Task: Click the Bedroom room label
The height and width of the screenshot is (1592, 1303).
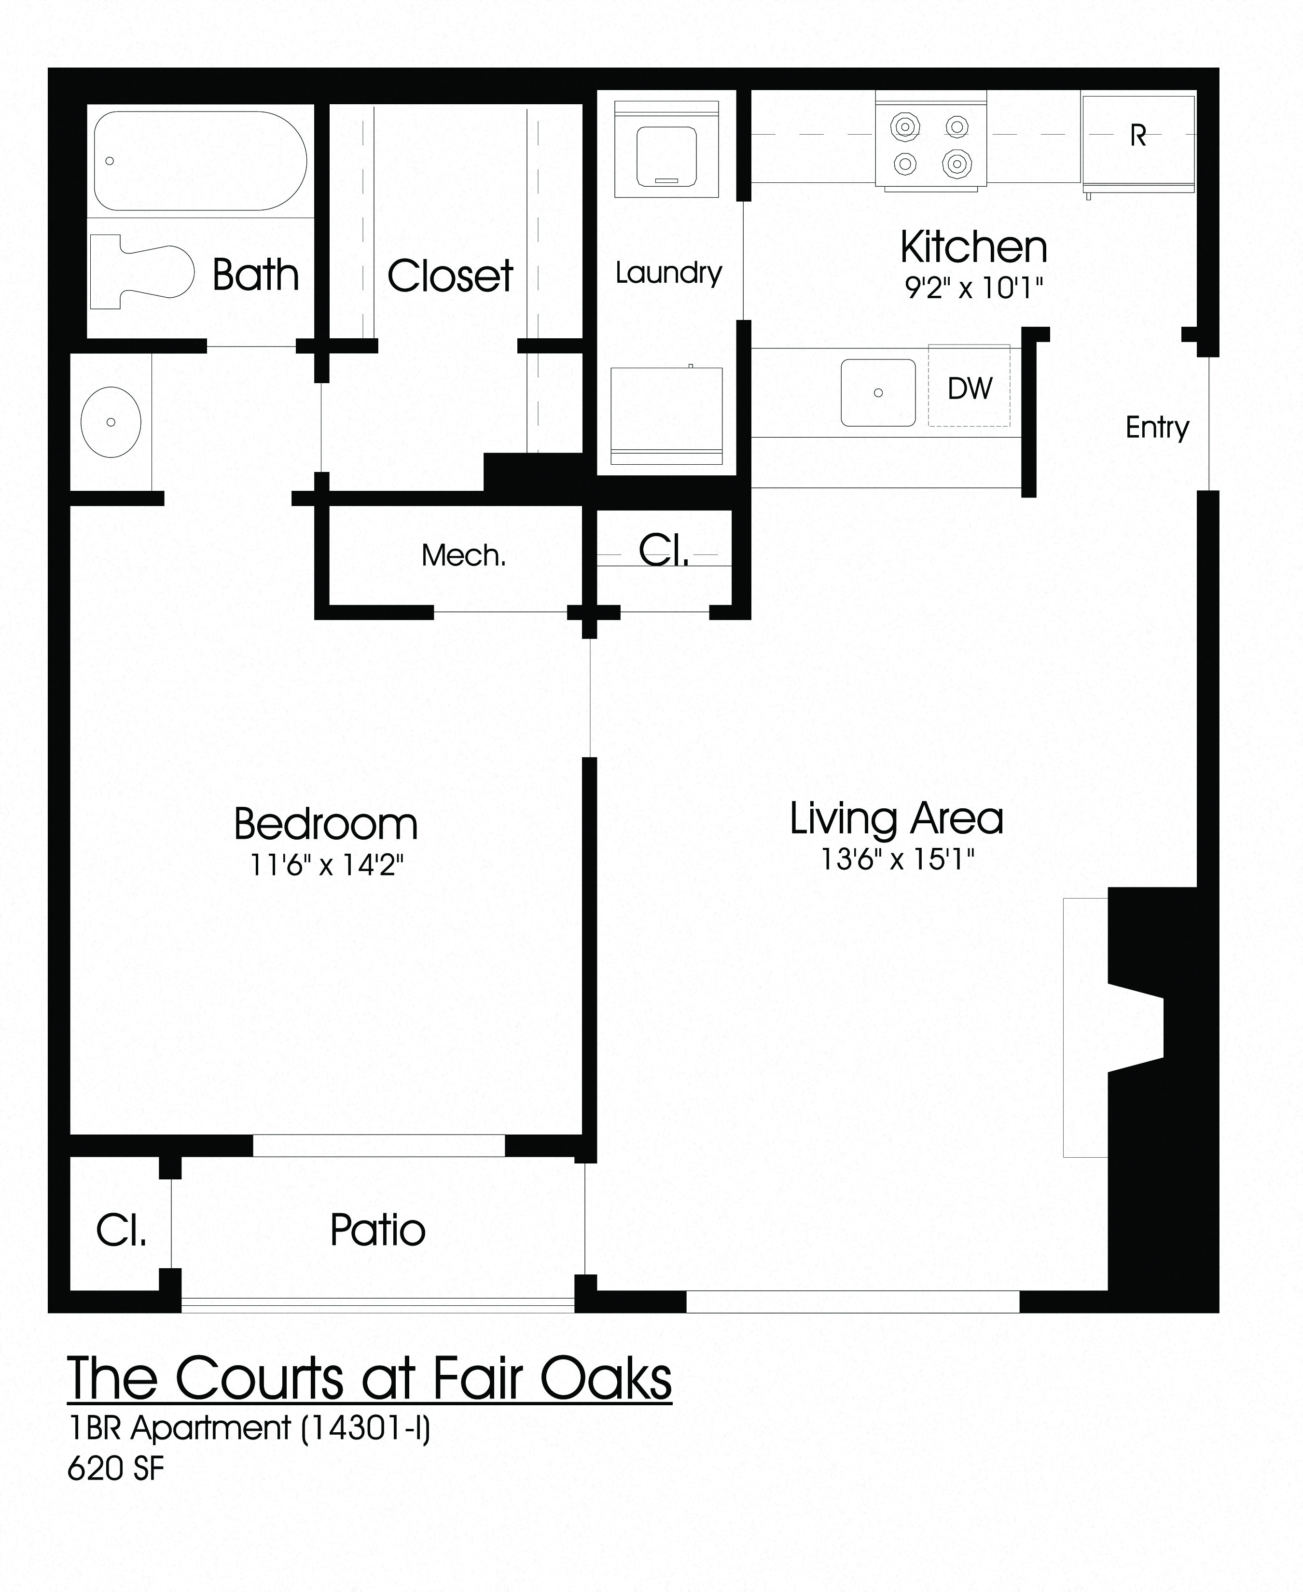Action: click(326, 824)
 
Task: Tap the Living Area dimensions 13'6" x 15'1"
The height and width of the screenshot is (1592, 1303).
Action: click(897, 858)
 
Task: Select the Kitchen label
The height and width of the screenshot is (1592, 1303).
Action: click(973, 247)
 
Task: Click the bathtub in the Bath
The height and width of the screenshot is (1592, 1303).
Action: click(200, 161)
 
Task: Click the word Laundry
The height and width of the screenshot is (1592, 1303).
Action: click(668, 273)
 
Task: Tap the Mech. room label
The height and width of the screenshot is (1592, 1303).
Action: click(464, 555)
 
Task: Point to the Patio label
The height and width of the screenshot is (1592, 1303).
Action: click(377, 1230)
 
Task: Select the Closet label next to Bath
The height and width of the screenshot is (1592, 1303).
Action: click(450, 276)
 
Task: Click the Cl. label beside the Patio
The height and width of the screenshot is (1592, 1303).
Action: click(121, 1230)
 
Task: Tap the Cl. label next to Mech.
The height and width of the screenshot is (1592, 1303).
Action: click(664, 552)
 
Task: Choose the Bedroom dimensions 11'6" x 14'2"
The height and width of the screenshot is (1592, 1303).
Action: click(327, 865)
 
